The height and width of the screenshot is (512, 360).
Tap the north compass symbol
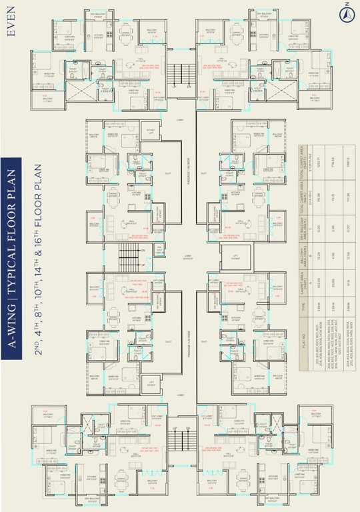(346, 11)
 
